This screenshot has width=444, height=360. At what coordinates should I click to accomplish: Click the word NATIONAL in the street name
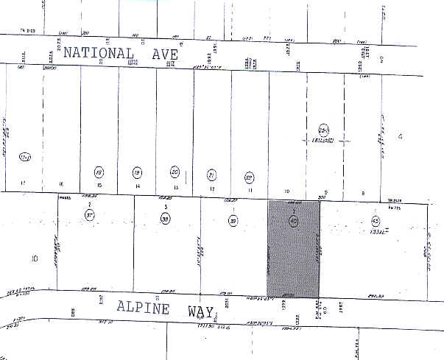[x=99, y=53]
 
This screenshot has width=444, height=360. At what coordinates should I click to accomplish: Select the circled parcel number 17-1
[x=25, y=157]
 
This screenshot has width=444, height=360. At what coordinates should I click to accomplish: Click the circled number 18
[x=99, y=172]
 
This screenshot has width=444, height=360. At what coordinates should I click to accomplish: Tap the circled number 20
[x=175, y=172]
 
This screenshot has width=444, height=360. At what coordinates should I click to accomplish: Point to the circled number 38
[x=166, y=219]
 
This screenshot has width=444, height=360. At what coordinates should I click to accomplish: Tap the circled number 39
[x=232, y=221]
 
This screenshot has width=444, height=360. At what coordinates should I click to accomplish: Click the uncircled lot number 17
[x=23, y=183]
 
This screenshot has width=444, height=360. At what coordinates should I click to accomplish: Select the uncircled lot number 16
[x=61, y=183]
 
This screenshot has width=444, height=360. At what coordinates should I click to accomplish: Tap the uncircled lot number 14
[x=137, y=188]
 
